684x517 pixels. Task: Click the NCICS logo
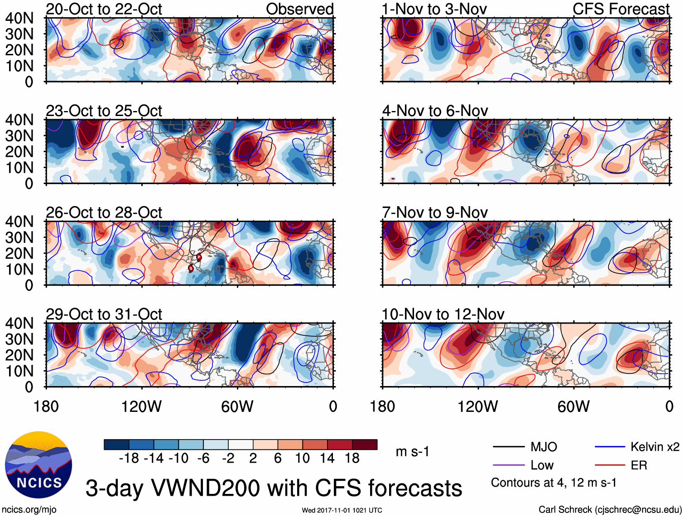(x=39, y=465)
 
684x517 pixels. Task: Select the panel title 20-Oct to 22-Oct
(x=104, y=9)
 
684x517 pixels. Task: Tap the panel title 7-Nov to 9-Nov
(x=435, y=213)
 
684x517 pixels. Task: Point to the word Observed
(x=299, y=9)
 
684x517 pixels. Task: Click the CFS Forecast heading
(x=621, y=9)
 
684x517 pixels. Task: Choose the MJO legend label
(x=544, y=447)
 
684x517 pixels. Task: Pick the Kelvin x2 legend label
(x=655, y=447)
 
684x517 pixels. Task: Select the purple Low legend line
(x=509, y=465)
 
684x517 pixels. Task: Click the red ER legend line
(x=610, y=465)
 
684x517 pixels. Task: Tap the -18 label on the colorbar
(x=129, y=459)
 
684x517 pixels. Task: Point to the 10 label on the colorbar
(x=303, y=459)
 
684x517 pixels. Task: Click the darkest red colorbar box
(x=365, y=445)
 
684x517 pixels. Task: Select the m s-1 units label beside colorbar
(x=412, y=452)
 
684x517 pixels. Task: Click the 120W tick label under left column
(x=141, y=406)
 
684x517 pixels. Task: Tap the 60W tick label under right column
(x=573, y=406)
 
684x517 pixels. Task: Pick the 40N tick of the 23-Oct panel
(x=19, y=120)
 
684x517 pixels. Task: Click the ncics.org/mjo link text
(x=29, y=510)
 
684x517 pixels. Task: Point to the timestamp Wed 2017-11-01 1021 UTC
(x=342, y=510)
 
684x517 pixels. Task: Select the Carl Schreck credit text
(x=610, y=510)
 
